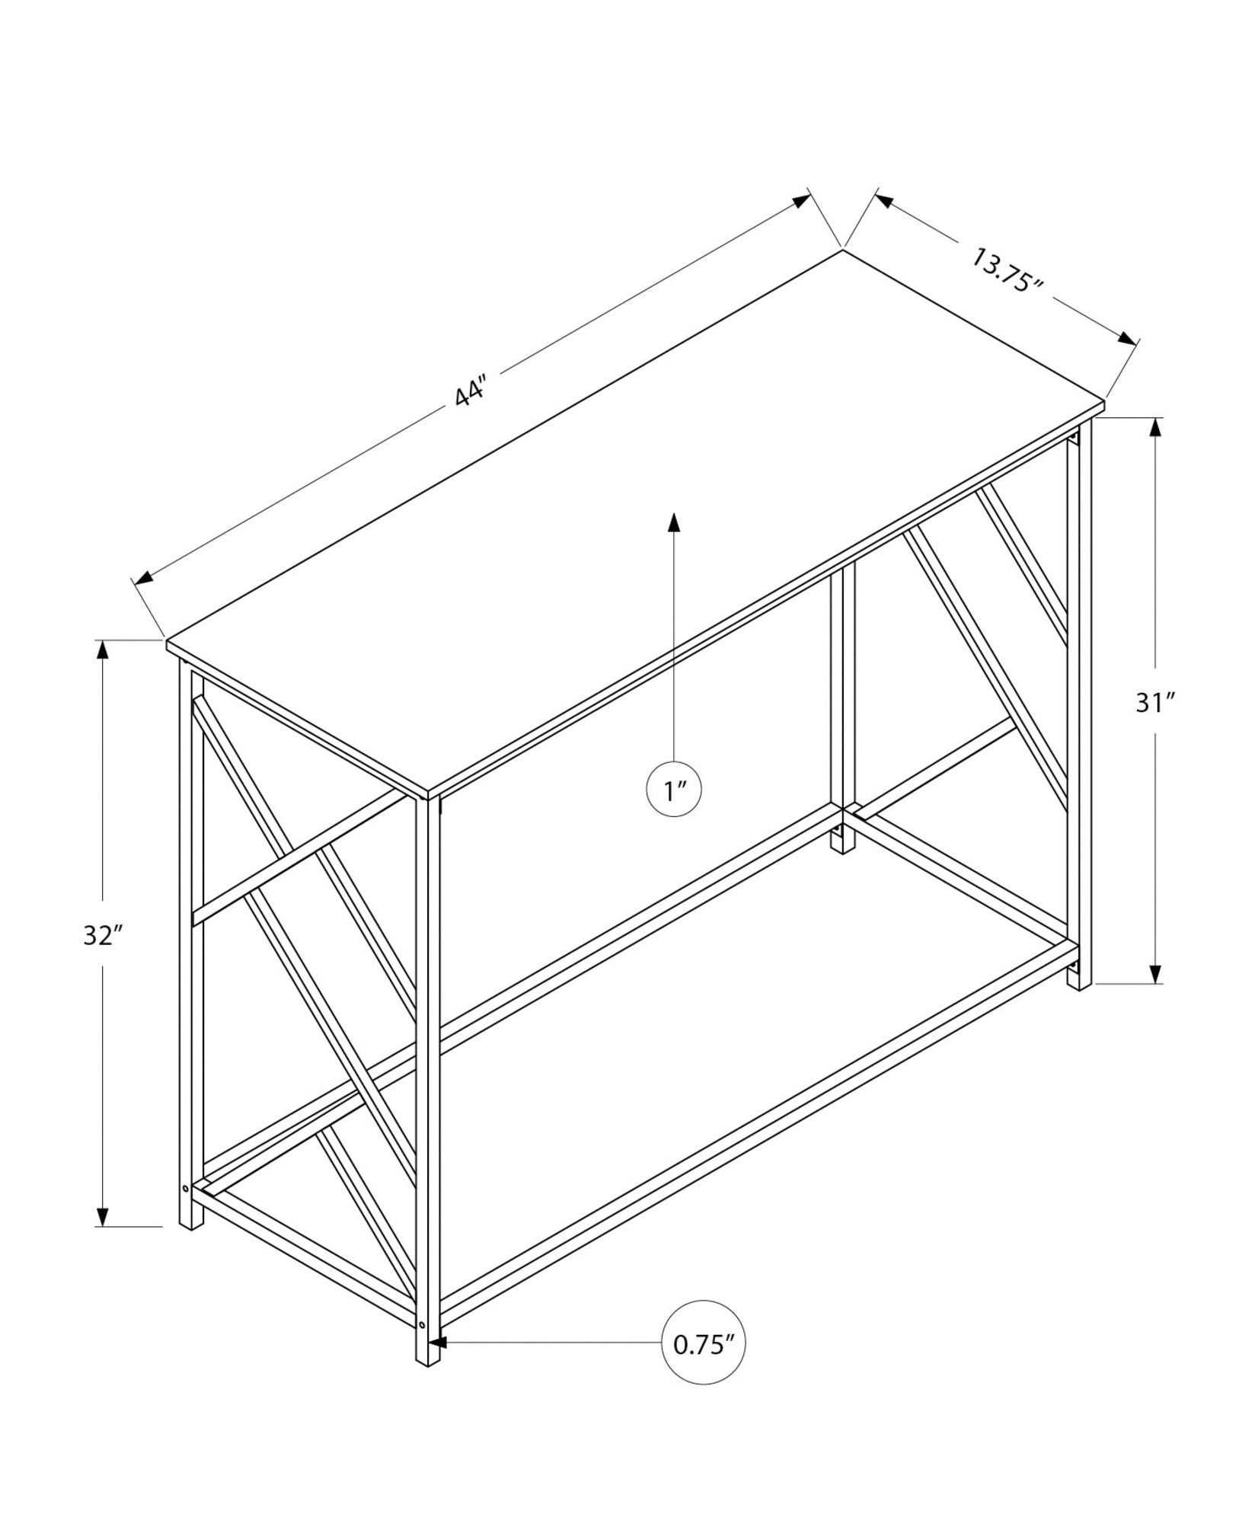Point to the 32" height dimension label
pos(103,936)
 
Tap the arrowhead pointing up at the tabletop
pos(673,522)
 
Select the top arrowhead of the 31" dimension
pos(1155,427)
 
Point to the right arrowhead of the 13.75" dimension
pos(1128,339)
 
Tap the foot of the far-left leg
pos(191,1240)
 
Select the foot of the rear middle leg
pos(842,845)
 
